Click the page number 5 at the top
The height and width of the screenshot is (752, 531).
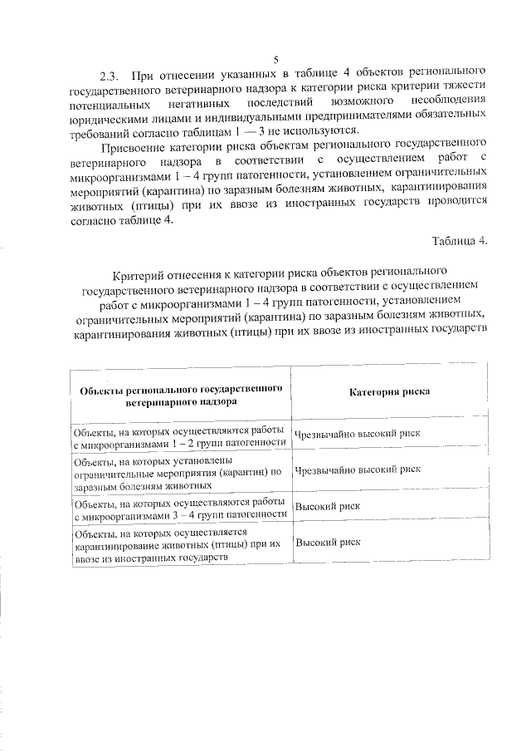pos(276,58)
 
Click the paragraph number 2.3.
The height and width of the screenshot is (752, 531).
pos(110,72)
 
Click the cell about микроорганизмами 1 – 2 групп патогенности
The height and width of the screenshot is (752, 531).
pos(179,437)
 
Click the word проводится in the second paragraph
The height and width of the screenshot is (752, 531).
pos(452,208)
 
